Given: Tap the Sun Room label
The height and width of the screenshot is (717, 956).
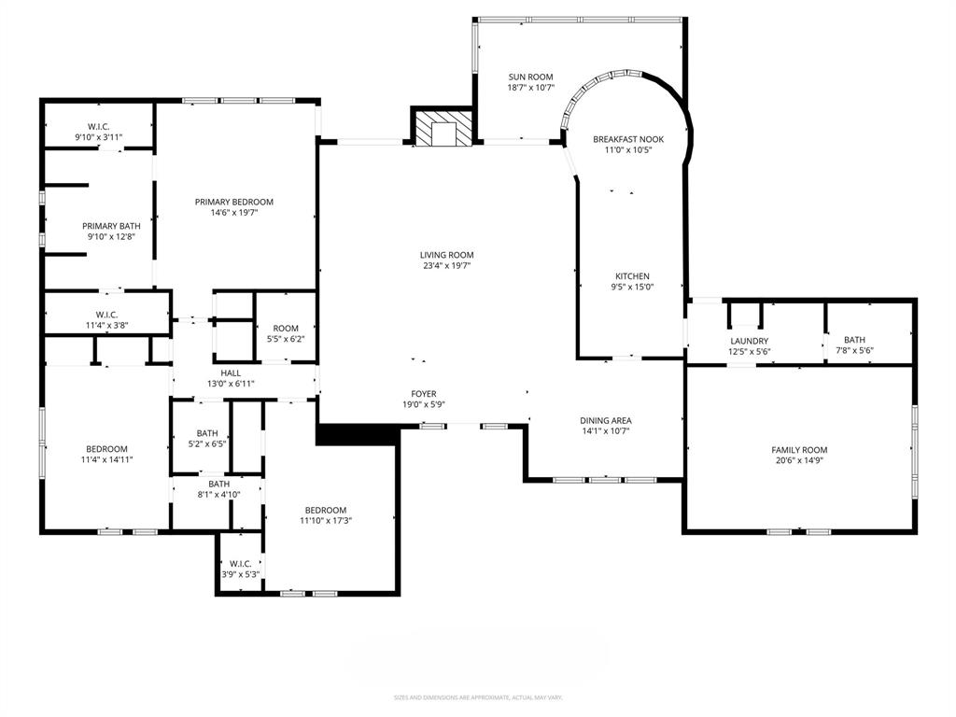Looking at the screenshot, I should point(530,77).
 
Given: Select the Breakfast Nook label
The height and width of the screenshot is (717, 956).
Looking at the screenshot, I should point(628,139).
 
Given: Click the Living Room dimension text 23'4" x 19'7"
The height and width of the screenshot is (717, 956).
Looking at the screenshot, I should point(446,265).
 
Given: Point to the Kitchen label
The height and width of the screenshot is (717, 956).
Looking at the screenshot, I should point(632,276).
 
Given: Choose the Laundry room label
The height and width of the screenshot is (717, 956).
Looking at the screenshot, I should point(749,341).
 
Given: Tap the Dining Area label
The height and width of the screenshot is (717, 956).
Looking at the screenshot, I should point(605,420).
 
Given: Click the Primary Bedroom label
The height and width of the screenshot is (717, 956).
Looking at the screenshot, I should point(233,202).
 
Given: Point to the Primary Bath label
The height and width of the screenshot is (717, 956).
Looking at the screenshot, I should point(111,226).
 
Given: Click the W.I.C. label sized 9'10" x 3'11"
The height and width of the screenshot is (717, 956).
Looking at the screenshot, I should point(99,126).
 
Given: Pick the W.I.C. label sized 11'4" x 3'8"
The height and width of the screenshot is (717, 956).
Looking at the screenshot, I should point(105,315).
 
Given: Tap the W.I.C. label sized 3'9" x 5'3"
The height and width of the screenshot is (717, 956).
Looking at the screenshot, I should point(240,563).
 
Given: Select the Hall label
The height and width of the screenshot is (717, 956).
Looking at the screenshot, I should point(230,372).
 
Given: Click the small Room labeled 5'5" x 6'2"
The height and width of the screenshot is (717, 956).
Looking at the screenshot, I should point(286,329).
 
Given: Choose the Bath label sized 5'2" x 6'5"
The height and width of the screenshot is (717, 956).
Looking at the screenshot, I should point(207,433).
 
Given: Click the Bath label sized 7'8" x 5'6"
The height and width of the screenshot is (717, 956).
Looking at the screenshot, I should point(853,341).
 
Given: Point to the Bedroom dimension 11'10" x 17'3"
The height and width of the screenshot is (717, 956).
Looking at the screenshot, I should point(325,520).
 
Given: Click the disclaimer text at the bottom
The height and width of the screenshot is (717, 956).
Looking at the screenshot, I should point(477,696).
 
